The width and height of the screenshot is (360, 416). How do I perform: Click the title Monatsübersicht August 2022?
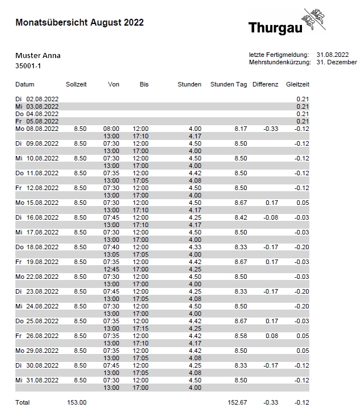pos(79,23)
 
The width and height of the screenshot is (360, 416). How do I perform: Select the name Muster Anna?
pos(38,56)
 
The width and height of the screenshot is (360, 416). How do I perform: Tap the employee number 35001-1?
pos(28,66)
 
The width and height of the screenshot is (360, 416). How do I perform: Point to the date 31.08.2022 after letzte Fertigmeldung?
pos(332,55)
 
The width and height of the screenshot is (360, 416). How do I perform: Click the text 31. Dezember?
pos(336,62)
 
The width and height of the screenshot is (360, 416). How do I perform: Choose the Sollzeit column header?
pos(76,84)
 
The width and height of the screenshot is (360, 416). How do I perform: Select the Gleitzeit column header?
pos(297,84)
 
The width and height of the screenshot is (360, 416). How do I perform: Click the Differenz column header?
pos(265,84)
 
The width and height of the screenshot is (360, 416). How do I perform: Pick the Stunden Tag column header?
pos(229,84)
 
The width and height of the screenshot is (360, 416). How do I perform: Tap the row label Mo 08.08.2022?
pos(36,129)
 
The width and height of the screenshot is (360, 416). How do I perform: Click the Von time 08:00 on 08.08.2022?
pos(111,129)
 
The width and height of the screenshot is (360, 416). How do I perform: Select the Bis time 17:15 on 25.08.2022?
pos(140,328)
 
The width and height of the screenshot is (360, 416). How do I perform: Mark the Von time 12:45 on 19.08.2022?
pos(111,269)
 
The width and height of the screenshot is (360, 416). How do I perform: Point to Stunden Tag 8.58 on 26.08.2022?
pos(240,336)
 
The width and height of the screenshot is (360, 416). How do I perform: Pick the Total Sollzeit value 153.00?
pos(77,402)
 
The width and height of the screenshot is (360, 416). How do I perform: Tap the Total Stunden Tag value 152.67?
pos(237,402)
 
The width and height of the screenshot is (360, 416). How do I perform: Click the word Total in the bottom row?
pos(22,402)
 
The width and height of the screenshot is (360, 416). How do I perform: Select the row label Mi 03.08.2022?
pos(36,106)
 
